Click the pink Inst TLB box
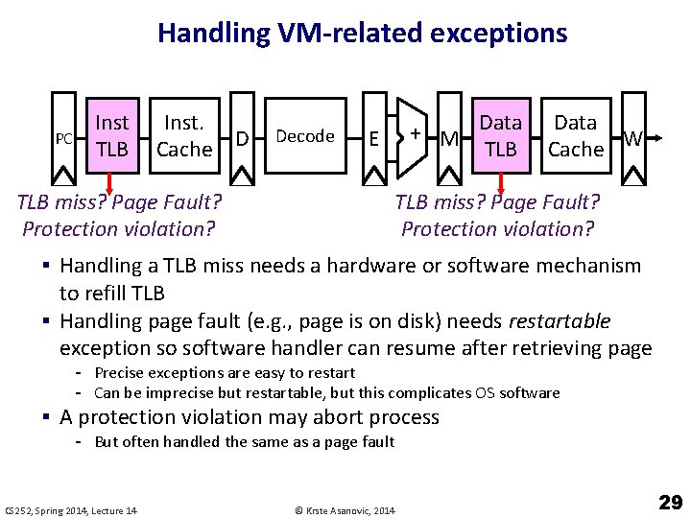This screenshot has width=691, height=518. point(112,135)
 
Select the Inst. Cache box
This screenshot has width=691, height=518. point(183,135)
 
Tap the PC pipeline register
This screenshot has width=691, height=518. point(63,138)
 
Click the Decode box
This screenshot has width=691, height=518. point(304,136)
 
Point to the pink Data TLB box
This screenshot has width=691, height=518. point(500,135)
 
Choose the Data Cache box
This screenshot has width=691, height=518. point(575,135)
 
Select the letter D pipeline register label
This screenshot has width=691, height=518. point(242,139)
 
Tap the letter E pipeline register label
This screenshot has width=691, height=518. point(372,139)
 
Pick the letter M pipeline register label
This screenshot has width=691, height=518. point(448,140)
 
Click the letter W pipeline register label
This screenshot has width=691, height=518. point(633,139)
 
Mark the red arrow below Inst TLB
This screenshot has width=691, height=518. point(109,182)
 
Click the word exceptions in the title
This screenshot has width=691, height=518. point(499,34)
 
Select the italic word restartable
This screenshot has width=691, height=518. point(560,320)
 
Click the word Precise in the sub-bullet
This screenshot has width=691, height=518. point(119,372)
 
